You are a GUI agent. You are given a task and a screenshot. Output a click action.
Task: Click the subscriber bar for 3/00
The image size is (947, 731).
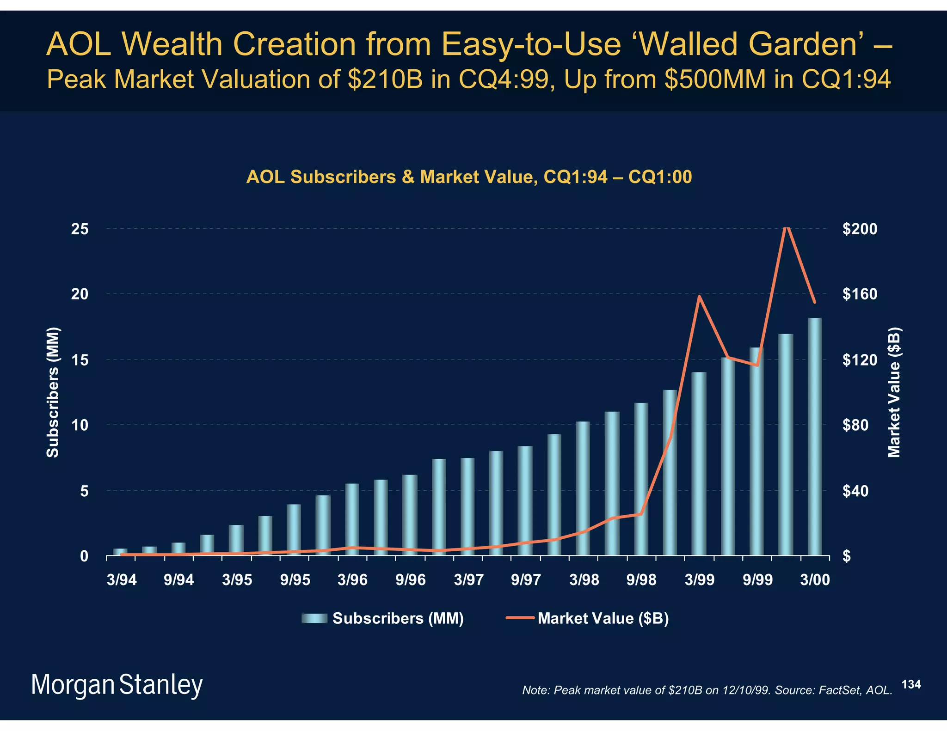point(814,437)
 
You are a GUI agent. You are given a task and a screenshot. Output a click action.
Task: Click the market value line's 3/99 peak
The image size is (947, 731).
point(700,296)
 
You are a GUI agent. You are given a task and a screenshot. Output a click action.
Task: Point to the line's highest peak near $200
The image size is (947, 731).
point(787,227)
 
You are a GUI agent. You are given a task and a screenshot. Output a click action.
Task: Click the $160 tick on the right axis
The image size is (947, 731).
point(859,294)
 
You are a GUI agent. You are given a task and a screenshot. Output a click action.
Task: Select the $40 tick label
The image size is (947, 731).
point(859,491)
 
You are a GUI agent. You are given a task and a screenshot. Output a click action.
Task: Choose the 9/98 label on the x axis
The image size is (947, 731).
point(641,580)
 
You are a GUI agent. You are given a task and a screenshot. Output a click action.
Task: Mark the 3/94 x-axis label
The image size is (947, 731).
point(122,580)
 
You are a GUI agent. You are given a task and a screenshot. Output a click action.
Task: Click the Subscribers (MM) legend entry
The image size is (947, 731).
point(382,618)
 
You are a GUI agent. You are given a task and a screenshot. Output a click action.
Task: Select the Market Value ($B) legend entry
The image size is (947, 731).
point(588,618)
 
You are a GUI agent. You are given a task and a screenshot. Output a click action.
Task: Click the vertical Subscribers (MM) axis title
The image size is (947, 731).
point(53,392)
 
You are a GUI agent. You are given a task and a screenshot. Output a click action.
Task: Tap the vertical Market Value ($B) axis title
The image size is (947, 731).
point(894,392)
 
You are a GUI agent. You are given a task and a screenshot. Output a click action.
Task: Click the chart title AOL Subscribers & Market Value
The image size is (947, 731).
point(469,177)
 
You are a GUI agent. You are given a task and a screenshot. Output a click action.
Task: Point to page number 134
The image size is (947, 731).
point(911,684)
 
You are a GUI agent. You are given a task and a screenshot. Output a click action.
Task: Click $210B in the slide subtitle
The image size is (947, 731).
point(385,79)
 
